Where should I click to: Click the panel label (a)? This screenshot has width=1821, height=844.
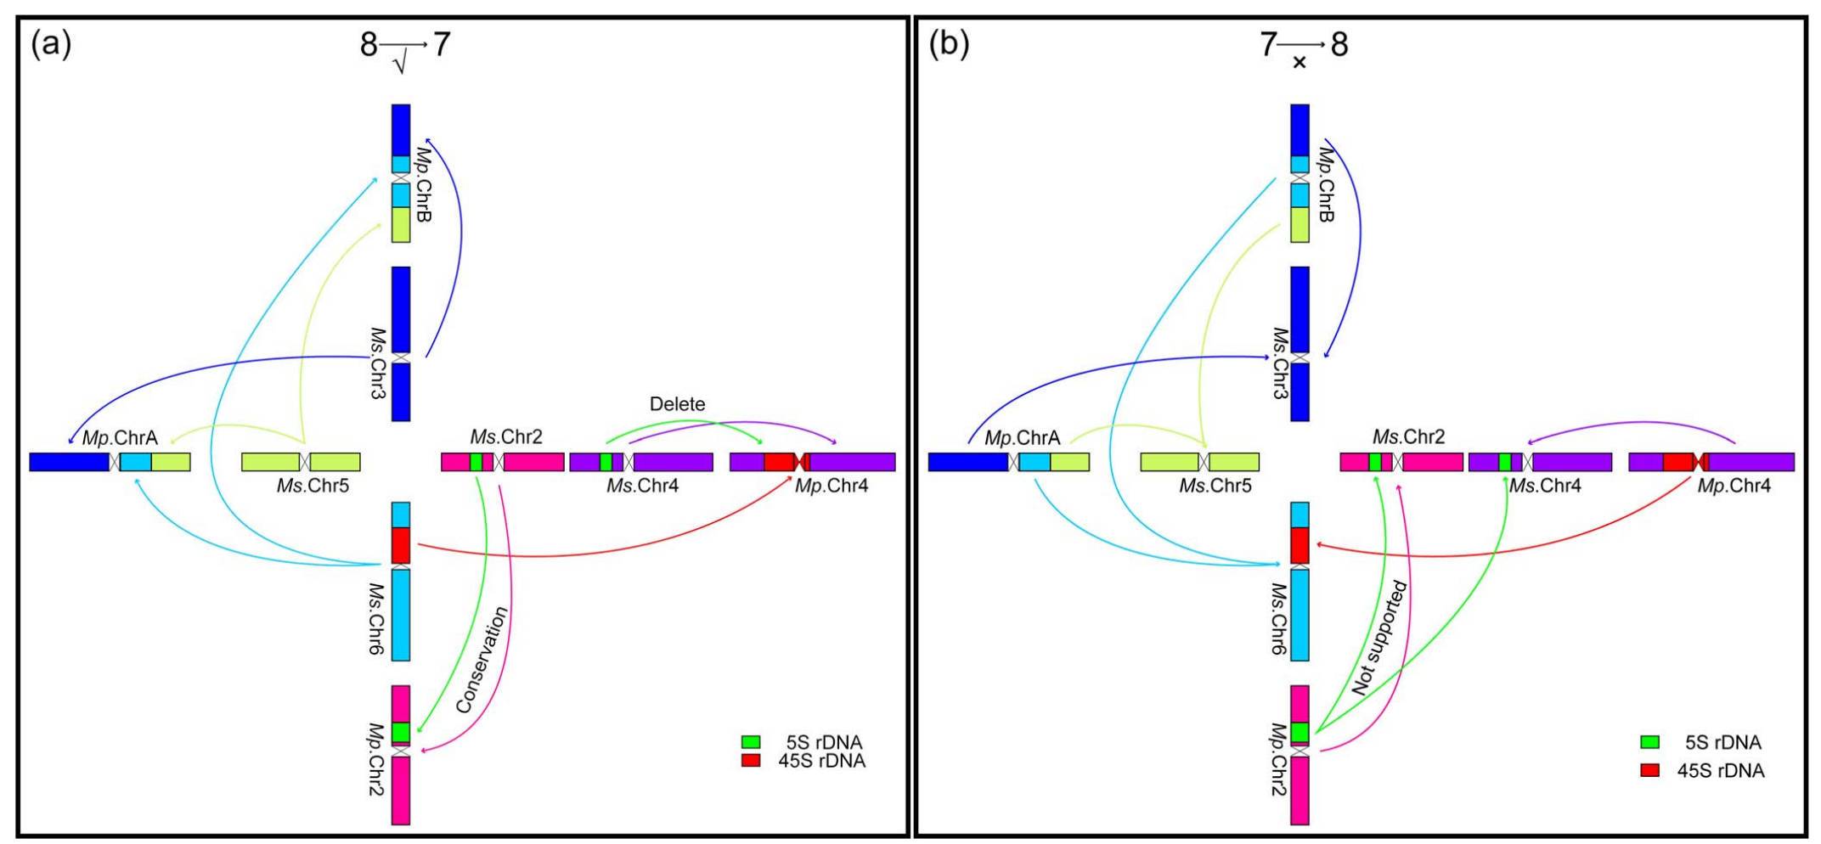51,44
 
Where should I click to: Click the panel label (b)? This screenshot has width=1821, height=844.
949,44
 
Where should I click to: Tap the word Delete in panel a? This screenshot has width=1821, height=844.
677,404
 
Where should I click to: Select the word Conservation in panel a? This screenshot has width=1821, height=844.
482,660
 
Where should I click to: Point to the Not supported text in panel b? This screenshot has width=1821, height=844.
1379,638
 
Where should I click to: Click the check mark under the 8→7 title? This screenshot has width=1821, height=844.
400,64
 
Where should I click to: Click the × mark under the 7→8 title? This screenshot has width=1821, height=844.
1299,63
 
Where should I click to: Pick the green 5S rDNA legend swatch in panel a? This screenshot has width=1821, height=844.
751,742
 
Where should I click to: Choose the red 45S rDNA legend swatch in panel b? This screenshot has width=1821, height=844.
1649,770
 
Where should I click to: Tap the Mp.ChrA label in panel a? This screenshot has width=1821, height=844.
120,438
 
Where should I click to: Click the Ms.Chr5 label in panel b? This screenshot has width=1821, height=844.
1215,487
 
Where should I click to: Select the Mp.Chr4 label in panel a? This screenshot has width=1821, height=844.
832,487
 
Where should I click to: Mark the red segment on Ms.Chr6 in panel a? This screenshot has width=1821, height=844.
401,545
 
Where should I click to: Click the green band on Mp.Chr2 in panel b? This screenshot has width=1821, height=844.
1300,732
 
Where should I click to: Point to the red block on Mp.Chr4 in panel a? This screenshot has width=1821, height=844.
779,462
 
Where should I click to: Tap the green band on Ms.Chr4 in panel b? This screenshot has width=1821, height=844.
1504,462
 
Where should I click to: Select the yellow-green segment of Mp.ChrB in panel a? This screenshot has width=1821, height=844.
401,224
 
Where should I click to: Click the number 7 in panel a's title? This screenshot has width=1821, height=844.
441,44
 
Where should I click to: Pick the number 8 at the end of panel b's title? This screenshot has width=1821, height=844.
1339,44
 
